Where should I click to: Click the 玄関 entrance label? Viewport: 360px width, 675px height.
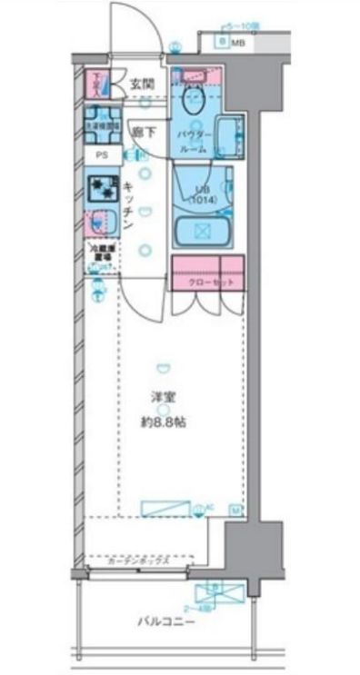point(141,84)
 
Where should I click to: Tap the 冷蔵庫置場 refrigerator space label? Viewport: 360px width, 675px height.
point(99,252)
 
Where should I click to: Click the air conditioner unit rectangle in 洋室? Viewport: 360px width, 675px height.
point(166,509)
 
